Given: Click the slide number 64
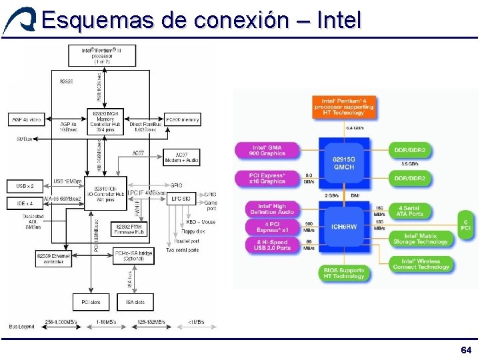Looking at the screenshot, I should [465, 350].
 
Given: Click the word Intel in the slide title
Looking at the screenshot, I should [339, 19].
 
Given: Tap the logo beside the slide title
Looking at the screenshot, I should [18, 19].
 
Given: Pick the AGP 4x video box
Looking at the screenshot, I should [27, 120].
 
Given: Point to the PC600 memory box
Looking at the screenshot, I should [182, 120].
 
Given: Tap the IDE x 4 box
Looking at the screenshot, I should [25, 202].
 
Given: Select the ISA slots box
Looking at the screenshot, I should [135, 302].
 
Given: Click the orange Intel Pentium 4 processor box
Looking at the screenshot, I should [344, 107].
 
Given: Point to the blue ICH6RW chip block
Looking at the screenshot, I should [344, 227].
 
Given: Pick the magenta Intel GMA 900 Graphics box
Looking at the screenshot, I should [267, 151].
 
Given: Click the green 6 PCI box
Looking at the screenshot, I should [467, 225].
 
